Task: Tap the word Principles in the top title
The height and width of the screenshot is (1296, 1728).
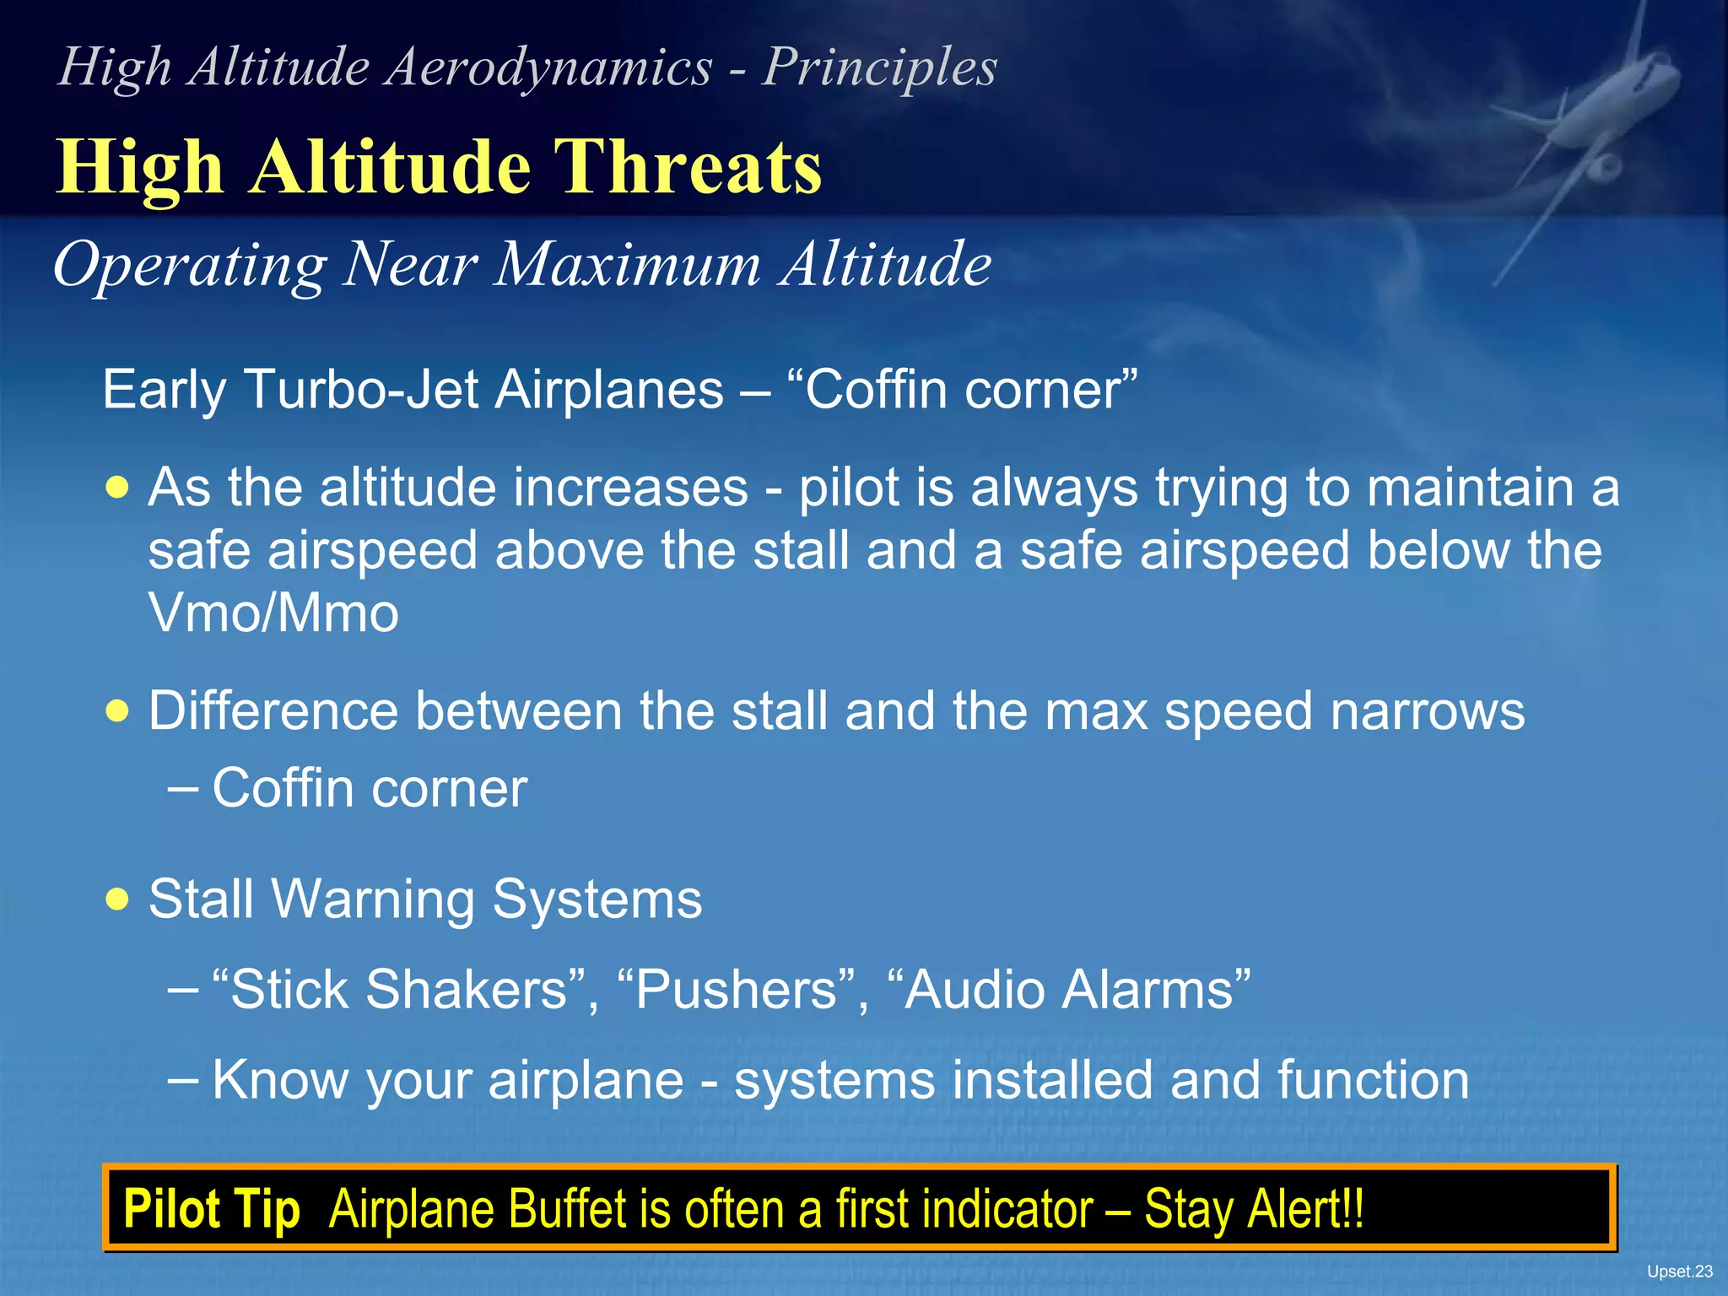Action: coord(879,67)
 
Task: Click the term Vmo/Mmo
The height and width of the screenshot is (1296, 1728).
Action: coord(273,613)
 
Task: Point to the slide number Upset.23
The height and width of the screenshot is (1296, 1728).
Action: coord(1679,1272)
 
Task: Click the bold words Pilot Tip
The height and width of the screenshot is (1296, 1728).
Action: coord(212,1209)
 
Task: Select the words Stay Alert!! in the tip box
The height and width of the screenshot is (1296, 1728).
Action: coord(1254,1209)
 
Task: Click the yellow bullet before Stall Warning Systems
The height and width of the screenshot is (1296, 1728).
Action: coord(118,899)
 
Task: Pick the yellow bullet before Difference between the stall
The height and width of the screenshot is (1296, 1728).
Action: coord(118,711)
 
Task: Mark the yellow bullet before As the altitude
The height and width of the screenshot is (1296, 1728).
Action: coord(118,488)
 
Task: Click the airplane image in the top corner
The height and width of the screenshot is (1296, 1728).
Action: coord(1586,127)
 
